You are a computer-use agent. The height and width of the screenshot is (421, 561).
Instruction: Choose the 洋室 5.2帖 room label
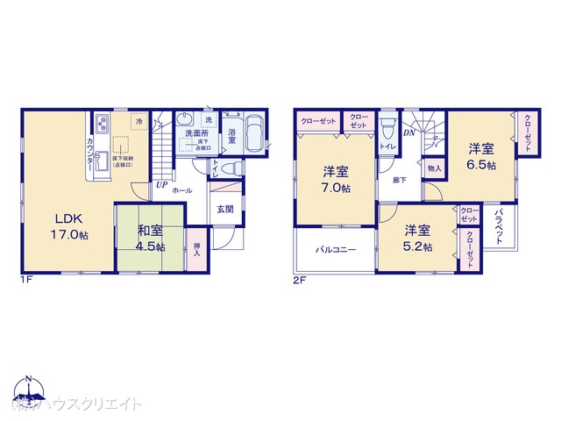coord(417,239)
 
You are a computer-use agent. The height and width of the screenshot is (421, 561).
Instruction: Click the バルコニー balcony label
coord(336,249)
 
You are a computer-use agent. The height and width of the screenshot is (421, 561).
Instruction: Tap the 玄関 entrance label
coord(225,209)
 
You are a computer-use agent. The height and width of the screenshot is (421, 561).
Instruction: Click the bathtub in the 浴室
coord(254,134)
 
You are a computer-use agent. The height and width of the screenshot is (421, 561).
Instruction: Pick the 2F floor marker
coord(298,281)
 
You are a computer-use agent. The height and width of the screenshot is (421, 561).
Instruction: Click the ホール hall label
coord(182,190)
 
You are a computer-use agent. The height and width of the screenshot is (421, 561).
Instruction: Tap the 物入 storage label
coord(434,167)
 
